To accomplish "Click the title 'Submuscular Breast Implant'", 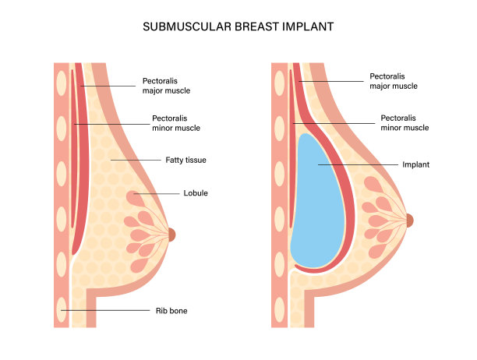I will [x=238, y=26].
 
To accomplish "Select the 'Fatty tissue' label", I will [x=185, y=160].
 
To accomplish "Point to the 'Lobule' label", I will [x=195, y=192].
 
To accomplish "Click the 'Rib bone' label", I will [x=171, y=311].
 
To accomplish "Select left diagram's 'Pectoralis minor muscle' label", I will [x=176, y=123].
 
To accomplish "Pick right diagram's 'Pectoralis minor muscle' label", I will [x=405, y=122].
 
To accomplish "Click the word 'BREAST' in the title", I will [x=246, y=26].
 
